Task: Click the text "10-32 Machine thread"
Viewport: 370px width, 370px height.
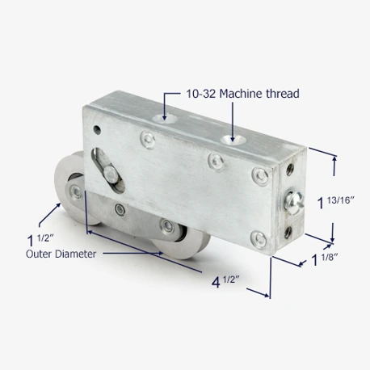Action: point(242,94)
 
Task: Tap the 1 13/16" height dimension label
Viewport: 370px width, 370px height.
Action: point(336,202)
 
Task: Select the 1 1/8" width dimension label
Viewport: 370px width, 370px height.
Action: point(324,260)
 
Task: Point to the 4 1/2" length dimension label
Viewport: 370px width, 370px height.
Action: point(225,282)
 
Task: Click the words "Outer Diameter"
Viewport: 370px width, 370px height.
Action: point(61,254)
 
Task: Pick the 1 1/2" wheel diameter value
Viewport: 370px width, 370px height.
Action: point(40,240)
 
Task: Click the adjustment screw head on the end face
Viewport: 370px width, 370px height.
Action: point(296,200)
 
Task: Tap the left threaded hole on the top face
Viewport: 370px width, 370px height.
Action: point(165,119)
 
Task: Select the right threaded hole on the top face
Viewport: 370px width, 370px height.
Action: point(233,140)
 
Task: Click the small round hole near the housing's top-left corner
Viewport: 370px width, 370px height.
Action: point(97,130)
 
